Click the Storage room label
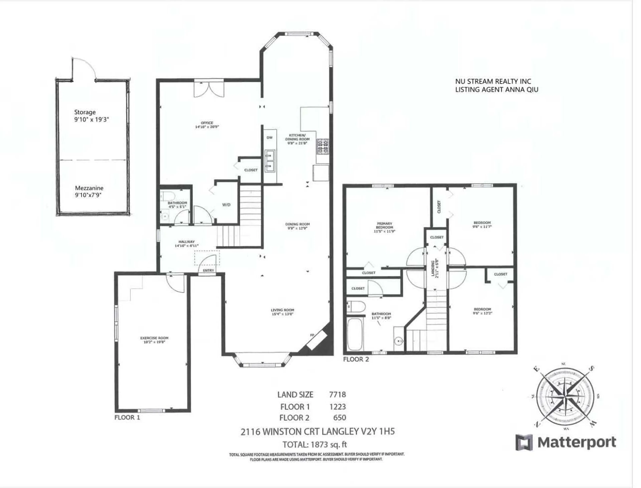click(x=85, y=112)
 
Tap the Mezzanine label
click(x=89, y=188)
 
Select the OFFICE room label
click(x=207, y=123)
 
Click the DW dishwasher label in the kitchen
click(x=270, y=138)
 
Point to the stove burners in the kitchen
click(x=323, y=147)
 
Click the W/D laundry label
click(x=226, y=205)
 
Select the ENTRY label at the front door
click(x=208, y=270)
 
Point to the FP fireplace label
click(x=312, y=335)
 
